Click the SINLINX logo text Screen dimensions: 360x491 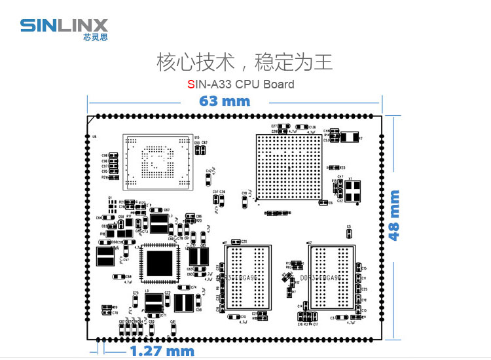pyautogui.click(x=64, y=25)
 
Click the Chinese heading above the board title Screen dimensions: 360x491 pyautogui.click(x=244, y=63)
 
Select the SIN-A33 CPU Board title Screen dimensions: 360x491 pyautogui.click(x=240, y=84)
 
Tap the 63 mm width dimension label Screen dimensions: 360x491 pyautogui.click(x=225, y=101)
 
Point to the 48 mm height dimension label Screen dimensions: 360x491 pyautogui.click(x=394, y=215)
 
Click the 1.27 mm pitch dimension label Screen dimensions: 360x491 pyautogui.click(x=162, y=351)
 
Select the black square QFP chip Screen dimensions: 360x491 pyautogui.click(x=158, y=262)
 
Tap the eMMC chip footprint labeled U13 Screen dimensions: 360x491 pyautogui.click(x=158, y=160)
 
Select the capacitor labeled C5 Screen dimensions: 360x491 pyautogui.click(x=349, y=232)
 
